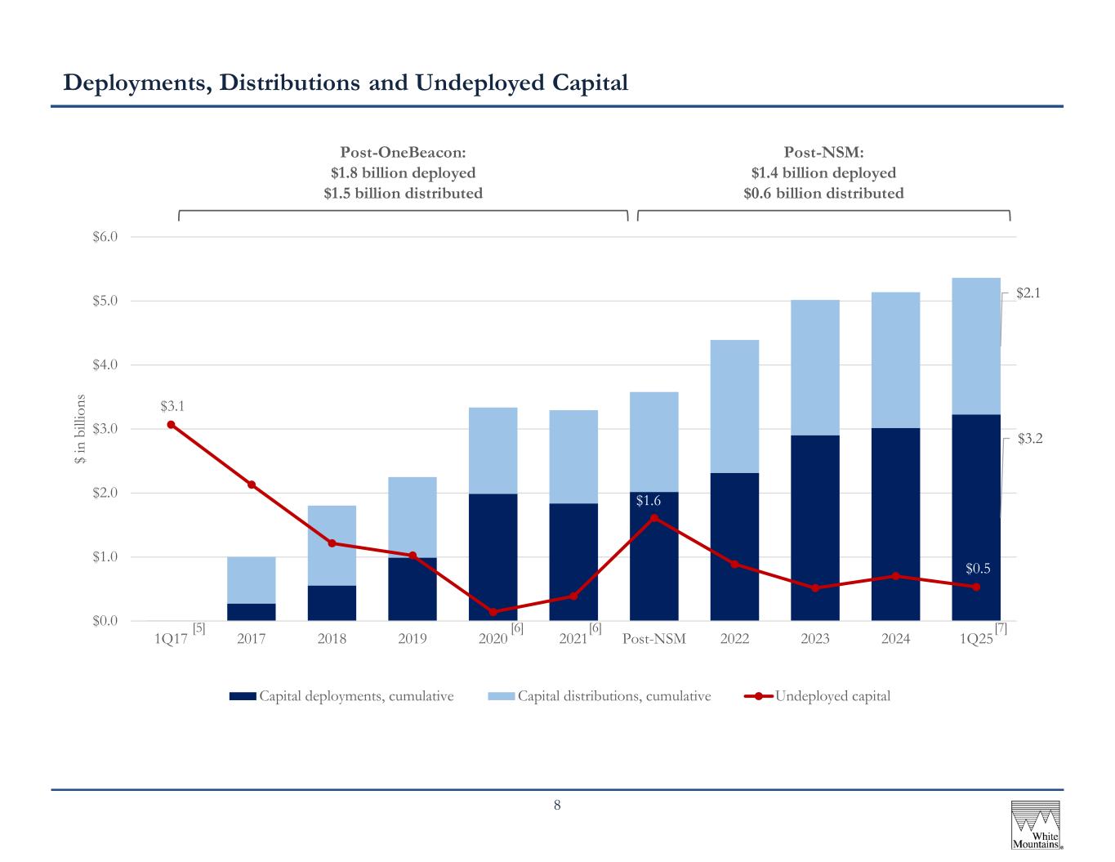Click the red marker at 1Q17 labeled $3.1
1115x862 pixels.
[x=172, y=425]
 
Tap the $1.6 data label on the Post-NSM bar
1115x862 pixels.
[x=648, y=501]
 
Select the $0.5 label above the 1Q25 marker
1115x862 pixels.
[x=978, y=569]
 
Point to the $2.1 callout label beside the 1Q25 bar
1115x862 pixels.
[x=1028, y=293]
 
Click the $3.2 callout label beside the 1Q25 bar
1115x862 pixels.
[x=1030, y=439]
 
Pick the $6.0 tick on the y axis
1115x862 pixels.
[x=105, y=236]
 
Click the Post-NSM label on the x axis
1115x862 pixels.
[x=653, y=639]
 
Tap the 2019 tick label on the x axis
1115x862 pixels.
[x=412, y=639]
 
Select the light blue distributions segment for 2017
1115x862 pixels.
[x=252, y=580]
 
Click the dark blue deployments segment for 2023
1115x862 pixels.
[x=815, y=528]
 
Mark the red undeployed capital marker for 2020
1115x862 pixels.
[x=493, y=612]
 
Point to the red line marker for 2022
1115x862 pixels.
[x=734, y=565]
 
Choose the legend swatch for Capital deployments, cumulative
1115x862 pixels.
[x=243, y=696]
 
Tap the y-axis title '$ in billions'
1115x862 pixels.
[x=80, y=429]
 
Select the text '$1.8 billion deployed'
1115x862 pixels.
[x=404, y=173]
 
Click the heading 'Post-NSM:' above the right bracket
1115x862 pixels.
[x=823, y=153]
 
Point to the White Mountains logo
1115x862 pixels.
[x=1036, y=824]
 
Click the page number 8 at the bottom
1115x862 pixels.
[x=557, y=805]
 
